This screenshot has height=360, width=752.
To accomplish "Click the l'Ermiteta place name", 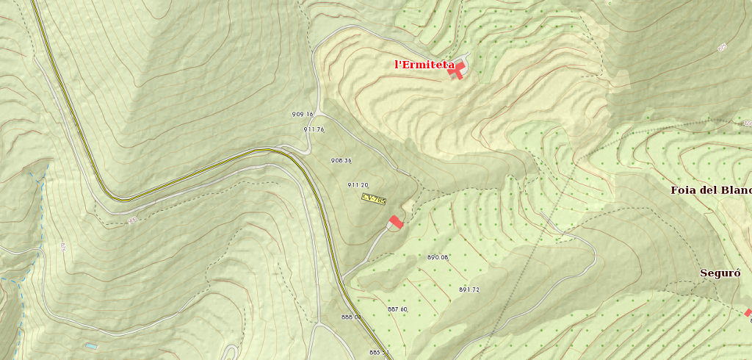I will [424, 65].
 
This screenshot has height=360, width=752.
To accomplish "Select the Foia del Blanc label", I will [711, 190].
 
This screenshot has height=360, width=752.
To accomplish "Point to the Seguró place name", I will [719, 273].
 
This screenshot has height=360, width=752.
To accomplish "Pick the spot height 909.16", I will [303, 114].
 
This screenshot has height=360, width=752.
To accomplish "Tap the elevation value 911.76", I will [314, 129].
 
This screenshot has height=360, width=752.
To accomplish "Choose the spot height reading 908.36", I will [341, 160].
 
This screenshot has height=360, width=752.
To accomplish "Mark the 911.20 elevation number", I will [358, 185].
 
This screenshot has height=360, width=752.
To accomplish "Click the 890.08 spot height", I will [438, 257].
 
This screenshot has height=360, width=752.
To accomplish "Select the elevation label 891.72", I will [469, 289].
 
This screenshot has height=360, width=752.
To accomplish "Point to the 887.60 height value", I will [397, 309].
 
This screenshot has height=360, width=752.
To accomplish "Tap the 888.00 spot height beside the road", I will [352, 317].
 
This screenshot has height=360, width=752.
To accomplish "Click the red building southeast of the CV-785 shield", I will [397, 221].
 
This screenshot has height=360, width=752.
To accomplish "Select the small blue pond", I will [91, 345].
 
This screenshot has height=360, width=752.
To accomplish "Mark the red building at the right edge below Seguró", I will [748, 313].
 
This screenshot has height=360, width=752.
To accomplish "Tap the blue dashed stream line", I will [40, 213].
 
